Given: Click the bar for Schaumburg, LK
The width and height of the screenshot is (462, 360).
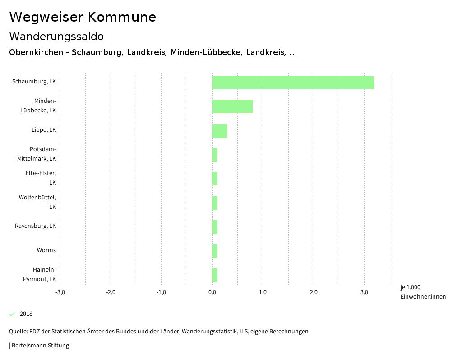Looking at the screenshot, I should pyautogui.click(x=293, y=83).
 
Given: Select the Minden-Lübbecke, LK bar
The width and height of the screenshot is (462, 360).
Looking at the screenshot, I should pyautogui.click(x=232, y=106).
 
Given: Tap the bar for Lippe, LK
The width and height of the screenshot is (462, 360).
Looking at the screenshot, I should pyautogui.click(x=220, y=131).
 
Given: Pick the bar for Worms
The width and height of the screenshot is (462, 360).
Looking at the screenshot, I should pyautogui.click(x=215, y=251).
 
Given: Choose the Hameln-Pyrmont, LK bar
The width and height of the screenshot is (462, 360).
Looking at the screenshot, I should pyautogui.click(x=215, y=275).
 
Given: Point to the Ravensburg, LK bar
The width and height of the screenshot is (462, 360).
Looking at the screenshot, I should pyautogui.click(x=215, y=227).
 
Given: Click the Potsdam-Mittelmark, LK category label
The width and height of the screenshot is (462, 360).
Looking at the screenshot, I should pyautogui.click(x=37, y=154).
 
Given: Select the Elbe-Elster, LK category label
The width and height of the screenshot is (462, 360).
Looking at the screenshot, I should pyautogui.click(x=41, y=178).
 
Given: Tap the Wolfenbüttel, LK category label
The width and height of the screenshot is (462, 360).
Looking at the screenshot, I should pyautogui.click(x=37, y=202).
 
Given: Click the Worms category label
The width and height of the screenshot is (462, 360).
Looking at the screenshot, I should pyautogui.click(x=46, y=250).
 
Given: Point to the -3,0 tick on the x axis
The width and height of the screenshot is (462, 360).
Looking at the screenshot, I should pyautogui.click(x=60, y=292).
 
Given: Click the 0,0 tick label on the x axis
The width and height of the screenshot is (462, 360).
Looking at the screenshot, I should pyautogui.click(x=212, y=292).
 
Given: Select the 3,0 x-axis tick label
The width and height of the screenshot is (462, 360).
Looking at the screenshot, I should pyautogui.click(x=364, y=292).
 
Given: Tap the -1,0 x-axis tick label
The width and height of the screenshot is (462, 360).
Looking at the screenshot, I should pyautogui.click(x=162, y=292).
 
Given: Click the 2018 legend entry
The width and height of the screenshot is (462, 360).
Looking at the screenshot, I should pyautogui.click(x=26, y=314).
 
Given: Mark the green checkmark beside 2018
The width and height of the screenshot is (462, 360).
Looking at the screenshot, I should pyautogui.click(x=12, y=314).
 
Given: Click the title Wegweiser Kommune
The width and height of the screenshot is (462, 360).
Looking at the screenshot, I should pyautogui.click(x=83, y=17).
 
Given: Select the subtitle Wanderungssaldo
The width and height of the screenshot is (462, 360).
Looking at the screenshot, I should pyautogui.click(x=56, y=36).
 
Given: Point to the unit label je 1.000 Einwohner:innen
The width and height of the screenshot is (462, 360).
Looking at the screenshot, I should pyautogui.click(x=423, y=292).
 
